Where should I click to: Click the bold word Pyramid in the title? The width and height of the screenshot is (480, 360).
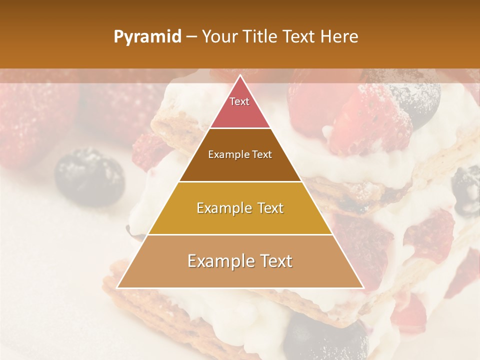click(147, 37)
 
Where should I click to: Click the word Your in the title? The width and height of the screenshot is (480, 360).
click(218, 37)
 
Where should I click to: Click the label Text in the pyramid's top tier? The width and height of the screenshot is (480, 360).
click(239, 101)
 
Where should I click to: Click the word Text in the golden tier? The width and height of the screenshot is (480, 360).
click(267, 208)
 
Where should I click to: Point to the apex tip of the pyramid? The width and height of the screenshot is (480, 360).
click(240, 76)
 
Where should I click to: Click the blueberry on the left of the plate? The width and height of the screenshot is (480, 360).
click(89, 176)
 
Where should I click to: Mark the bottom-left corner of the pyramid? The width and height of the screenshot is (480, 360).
click(117, 287)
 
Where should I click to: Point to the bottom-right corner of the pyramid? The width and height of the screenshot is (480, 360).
click(363, 287)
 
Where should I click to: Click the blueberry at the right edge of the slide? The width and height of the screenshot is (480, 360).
click(466, 190)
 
